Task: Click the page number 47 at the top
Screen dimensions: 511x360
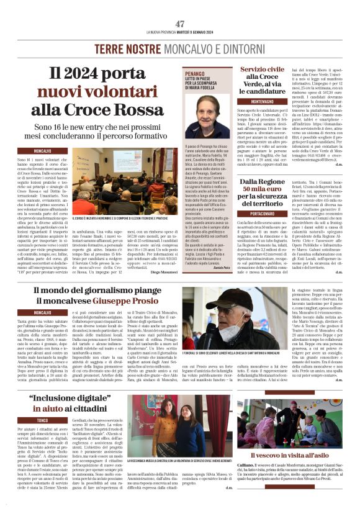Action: (180, 23)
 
